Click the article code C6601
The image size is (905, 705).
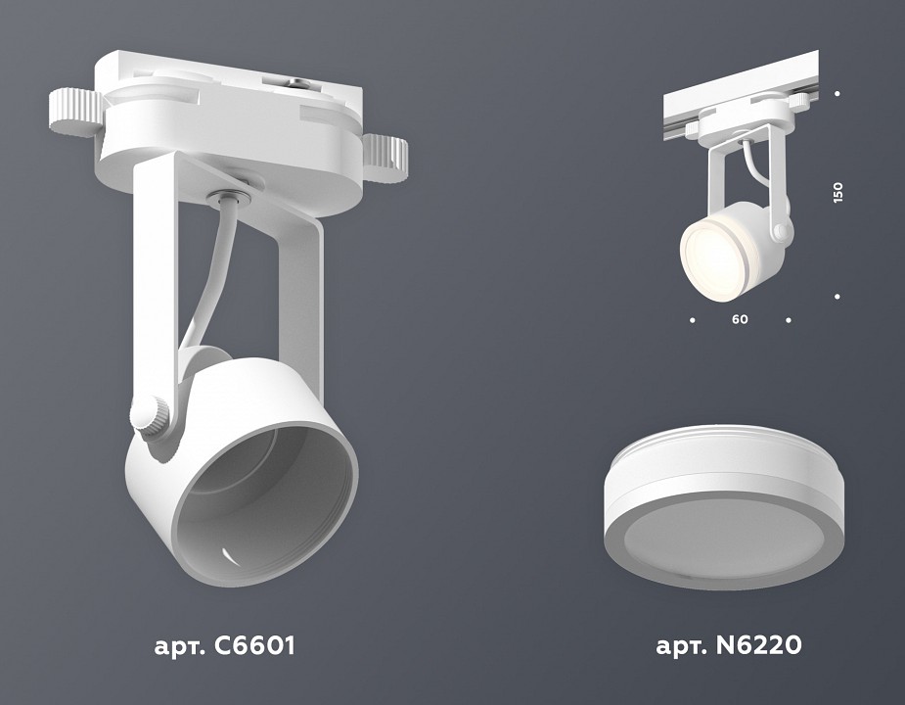[224, 646]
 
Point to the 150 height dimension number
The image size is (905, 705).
[837, 191]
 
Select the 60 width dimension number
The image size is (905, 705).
[740, 319]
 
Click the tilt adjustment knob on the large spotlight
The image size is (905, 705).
[150, 416]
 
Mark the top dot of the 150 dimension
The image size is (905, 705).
[837, 94]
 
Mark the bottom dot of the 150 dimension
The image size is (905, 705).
[837, 296]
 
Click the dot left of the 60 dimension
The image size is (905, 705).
[693, 319]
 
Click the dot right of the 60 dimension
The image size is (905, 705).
[789, 319]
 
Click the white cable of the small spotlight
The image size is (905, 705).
[748, 166]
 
